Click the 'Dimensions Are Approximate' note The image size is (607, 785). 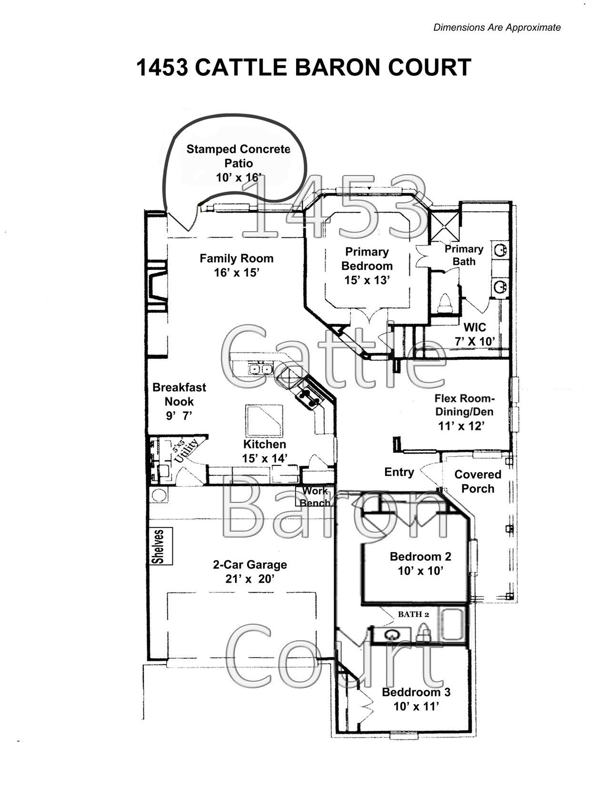coord(497,28)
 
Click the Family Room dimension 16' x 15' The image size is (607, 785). coord(237,273)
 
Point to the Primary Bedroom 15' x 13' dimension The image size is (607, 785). coord(367,280)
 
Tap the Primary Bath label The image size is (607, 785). coord(464,255)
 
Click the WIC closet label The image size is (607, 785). coord(475,327)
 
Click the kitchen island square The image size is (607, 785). coord(264,421)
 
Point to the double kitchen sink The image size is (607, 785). coord(261,369)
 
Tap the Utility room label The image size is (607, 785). coord(186,450)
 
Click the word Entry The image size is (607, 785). coord(399,472)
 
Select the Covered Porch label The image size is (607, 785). coord(478,481)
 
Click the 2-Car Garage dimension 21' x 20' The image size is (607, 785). coord(250,579)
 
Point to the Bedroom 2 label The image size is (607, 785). coord(420,556)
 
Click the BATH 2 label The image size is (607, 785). coord(414,614)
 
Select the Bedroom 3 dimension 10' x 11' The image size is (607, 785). coord(417,706)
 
